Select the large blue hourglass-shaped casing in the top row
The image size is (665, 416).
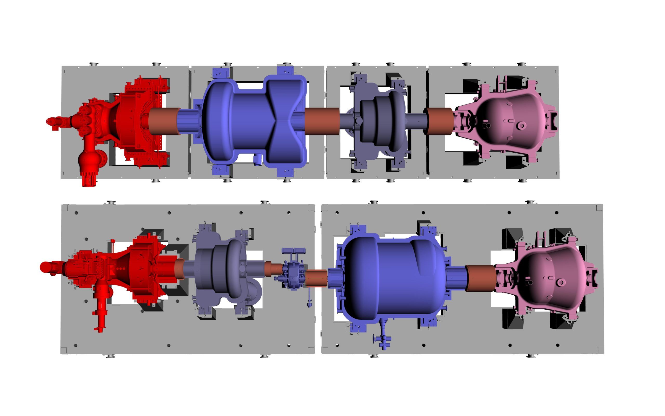pyautogui.click(x=253, y=121)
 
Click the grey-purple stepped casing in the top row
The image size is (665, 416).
pyautogui.click(x=379, y=121)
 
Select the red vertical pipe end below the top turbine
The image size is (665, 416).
pyautogui.click(x=89, y=180)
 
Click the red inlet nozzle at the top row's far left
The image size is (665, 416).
pyautogui.click(x=54, y=122)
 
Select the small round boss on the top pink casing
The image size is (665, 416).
pyautogui.click(x=521, y=126)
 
